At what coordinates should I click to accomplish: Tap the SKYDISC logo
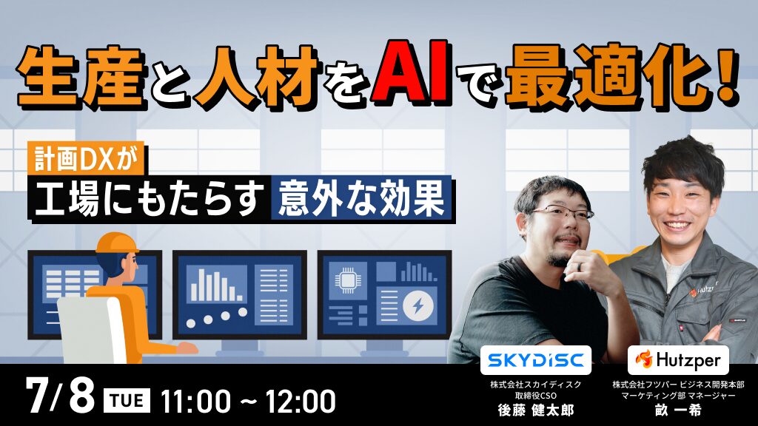(536, 360)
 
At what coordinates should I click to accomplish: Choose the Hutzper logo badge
(678, 360)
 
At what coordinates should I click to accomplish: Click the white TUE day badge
(127, 401)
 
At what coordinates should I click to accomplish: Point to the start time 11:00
(195, 401)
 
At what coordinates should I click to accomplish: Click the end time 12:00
(300, 401)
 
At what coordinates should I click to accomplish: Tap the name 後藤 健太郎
(536, 410)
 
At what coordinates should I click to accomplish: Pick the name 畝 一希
(678, 410)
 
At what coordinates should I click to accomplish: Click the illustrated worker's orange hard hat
(117, 243)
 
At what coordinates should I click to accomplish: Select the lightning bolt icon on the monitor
(419, 306)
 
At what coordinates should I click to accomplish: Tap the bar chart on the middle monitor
(216, 285)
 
